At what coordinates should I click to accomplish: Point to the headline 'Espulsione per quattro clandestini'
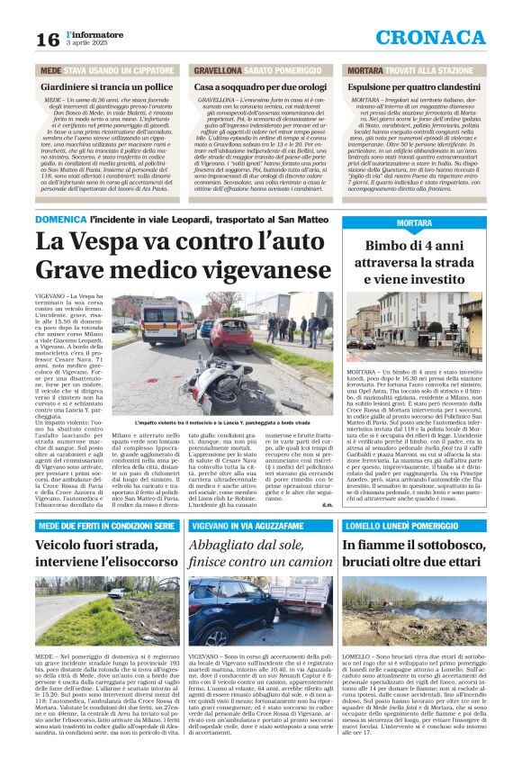(422, 86)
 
